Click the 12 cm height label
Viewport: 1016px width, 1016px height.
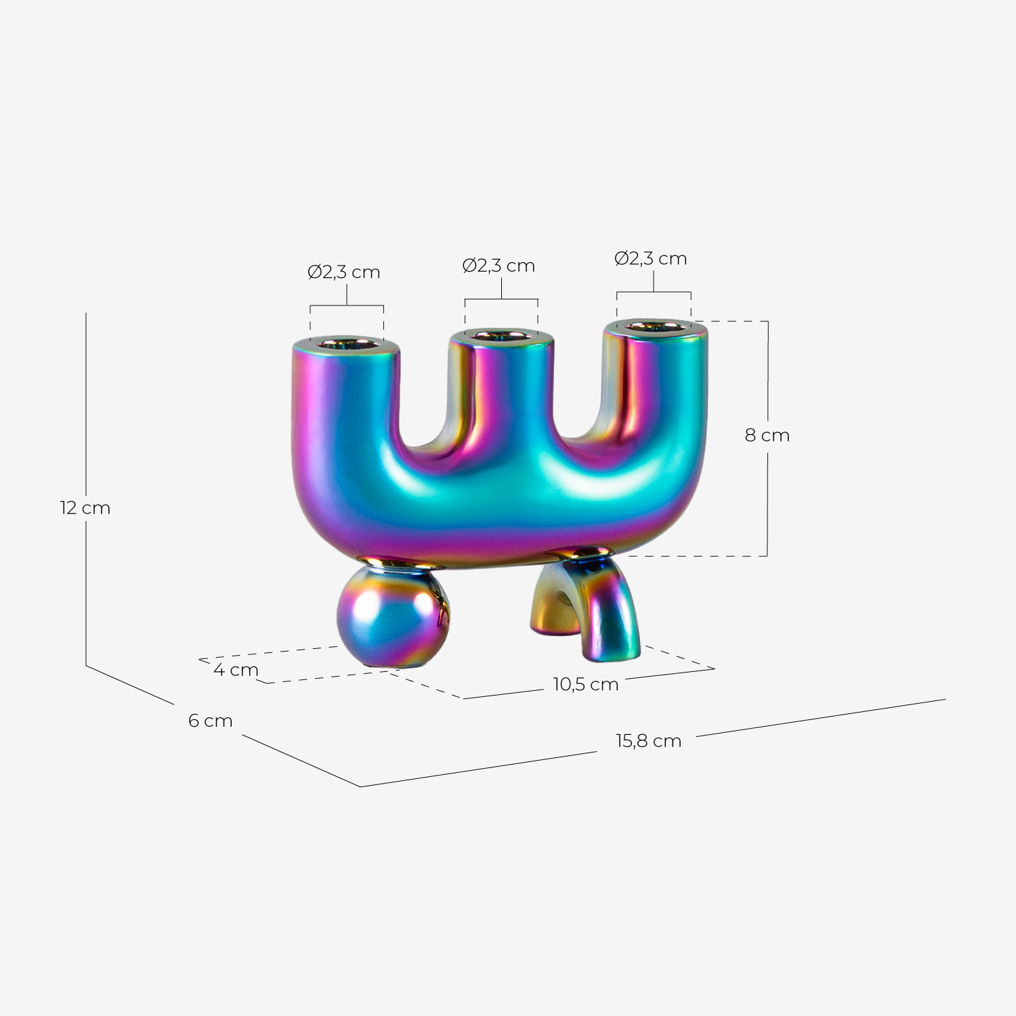click(85, 508)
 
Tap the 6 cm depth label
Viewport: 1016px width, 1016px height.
click(210, 721)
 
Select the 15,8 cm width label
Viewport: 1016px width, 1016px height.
click(648, 741)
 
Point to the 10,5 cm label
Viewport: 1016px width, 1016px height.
click(586, 684)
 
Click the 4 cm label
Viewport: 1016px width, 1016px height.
click(236, 670)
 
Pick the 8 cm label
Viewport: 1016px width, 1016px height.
click(767, 436)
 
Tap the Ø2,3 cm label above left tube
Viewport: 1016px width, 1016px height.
click(344, 272)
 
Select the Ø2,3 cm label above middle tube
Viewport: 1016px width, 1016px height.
click(499, 266)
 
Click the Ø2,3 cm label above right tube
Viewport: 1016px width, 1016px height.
click(650, 259)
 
